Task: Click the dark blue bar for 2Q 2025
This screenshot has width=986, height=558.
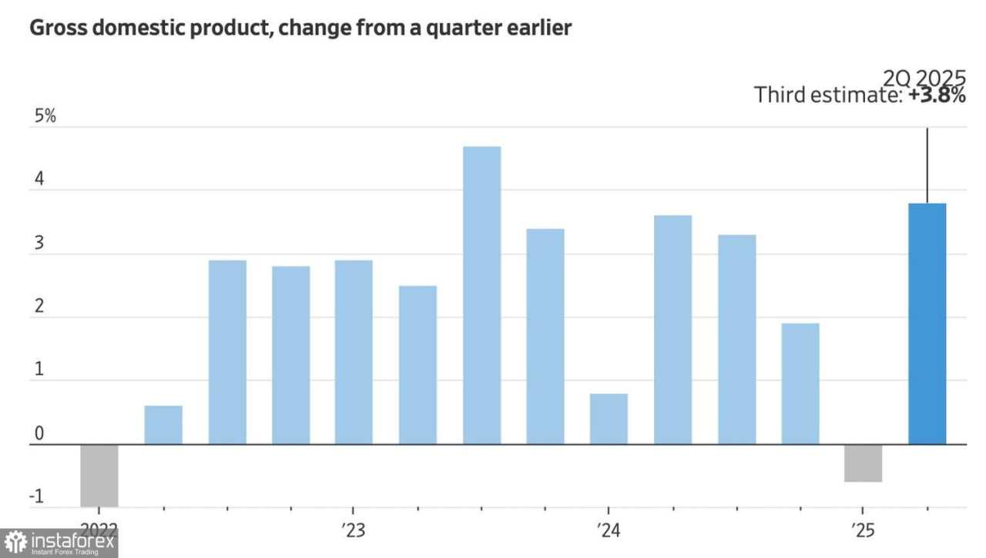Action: [927, 323]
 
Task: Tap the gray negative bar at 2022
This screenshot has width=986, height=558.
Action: [99, 475]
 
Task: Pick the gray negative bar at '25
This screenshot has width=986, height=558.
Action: [863, 463]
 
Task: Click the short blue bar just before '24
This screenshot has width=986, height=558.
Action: [609, 419]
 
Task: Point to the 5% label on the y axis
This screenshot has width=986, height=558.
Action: [44, 118]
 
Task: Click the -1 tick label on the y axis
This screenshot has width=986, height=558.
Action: [36, 497]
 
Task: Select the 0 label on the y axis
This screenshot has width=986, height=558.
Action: [39, 435]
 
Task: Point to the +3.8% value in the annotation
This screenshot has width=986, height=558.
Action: [937, 95]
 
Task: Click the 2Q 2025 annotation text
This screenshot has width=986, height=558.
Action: [924, 78]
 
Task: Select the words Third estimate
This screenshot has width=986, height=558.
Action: [826, 95]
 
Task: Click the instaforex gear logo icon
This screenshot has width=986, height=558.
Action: [15, 543]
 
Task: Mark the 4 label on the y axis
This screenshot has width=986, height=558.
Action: [39, 182]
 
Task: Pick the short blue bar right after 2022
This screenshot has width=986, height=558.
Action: [163, 424]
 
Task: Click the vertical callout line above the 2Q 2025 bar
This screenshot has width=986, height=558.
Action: [927, 165]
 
